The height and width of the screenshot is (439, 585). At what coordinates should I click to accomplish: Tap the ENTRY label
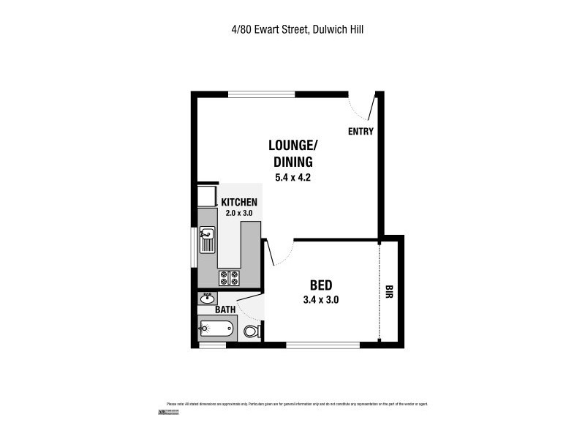click(361, 132)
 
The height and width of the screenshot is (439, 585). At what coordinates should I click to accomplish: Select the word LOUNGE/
click(292, 146)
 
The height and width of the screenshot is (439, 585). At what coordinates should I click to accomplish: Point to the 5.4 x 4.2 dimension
click(292, 177)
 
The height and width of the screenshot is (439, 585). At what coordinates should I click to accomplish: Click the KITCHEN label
click(239, 202)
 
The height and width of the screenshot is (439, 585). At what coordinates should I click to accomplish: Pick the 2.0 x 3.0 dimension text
click(238, 213)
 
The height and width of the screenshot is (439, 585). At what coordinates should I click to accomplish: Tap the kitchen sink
click(208, 239)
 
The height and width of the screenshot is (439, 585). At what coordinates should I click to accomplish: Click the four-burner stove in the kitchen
click(230, 277)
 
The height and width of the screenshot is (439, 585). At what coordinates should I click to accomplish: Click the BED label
click(322, 285)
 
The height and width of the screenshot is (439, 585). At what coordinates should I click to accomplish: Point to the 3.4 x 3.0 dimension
click(321, 299)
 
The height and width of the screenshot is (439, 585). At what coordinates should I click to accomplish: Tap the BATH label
click(224, 310)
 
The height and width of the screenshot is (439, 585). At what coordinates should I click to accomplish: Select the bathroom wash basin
click(207, 298)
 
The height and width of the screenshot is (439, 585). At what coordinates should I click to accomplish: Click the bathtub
click(217, 329)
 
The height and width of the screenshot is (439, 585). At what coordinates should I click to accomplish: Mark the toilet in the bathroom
click(251, 331)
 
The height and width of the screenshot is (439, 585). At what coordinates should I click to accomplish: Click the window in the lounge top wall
click(261, 94)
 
